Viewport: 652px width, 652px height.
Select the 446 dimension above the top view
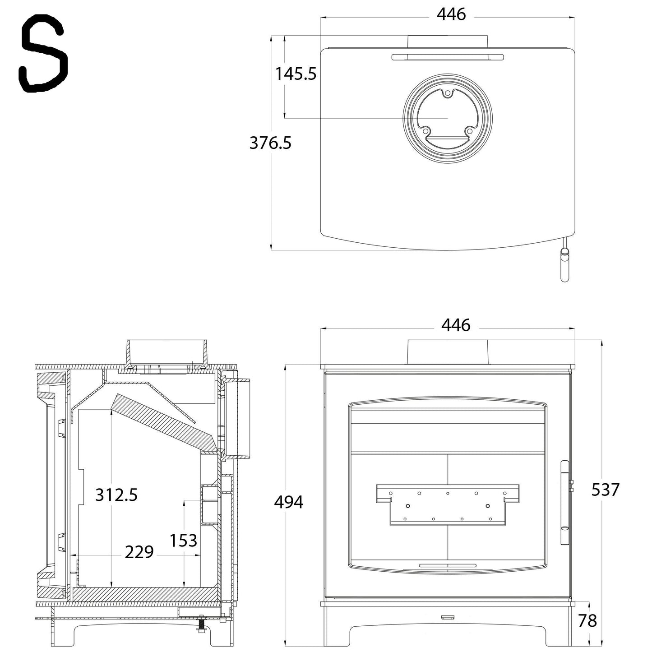(451, 14)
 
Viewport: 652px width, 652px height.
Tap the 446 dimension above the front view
(456, 325)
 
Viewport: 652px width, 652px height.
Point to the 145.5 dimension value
(296, 74)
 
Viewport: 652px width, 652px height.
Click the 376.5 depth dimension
(270, 143)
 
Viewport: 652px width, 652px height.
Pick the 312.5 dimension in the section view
(116, 495)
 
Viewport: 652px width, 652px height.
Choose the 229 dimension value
(139, 552)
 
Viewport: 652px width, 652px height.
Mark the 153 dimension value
(183, 540)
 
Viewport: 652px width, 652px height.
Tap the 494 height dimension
(289, 502)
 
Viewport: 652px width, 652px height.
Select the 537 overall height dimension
(606, 490)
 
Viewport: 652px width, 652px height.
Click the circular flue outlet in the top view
(448, 118)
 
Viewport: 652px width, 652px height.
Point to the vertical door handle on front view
(564, 502)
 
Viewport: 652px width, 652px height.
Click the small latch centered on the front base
(448, 617)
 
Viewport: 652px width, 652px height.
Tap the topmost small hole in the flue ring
(447, 94)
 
